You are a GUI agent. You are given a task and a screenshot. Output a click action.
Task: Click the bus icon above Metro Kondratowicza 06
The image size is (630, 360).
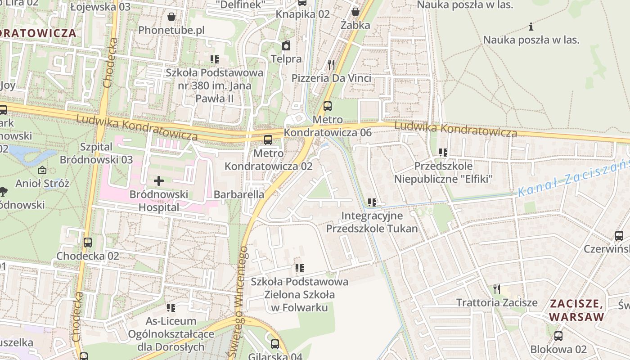328,106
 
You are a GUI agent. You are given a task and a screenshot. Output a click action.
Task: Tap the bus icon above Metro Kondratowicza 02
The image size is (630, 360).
268,140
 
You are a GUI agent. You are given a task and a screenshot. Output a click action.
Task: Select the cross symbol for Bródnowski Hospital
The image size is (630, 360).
159,181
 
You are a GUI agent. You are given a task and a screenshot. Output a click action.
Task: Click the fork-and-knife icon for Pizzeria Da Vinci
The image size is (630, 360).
332,65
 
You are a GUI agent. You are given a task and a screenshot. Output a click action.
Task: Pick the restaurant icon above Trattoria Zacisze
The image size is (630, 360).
497,289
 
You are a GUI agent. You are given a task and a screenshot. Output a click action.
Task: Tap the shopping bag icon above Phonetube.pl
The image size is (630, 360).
171,17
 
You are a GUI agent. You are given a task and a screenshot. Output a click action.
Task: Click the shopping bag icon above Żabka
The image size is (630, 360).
355,11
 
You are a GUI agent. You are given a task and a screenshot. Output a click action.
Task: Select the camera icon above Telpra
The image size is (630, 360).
286,45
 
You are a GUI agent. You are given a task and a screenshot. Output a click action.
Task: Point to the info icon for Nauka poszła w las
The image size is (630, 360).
531,27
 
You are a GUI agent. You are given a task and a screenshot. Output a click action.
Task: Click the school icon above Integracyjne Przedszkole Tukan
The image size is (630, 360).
372,202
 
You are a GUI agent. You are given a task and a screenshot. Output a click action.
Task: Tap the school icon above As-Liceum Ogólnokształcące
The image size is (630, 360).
171,308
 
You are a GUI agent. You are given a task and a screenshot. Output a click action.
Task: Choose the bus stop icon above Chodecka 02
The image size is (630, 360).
88,243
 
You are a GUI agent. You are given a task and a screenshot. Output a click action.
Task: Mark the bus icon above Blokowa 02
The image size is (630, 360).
558,336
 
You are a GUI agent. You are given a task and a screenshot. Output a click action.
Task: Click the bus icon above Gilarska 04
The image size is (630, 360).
275,344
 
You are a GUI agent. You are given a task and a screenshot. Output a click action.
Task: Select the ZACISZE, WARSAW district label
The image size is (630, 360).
576,310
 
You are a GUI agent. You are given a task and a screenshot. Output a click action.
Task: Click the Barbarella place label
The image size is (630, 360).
239,195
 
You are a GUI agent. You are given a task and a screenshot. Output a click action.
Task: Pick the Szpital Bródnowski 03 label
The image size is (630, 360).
96,153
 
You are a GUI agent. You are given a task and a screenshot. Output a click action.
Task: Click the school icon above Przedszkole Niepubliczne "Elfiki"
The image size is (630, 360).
443,153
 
